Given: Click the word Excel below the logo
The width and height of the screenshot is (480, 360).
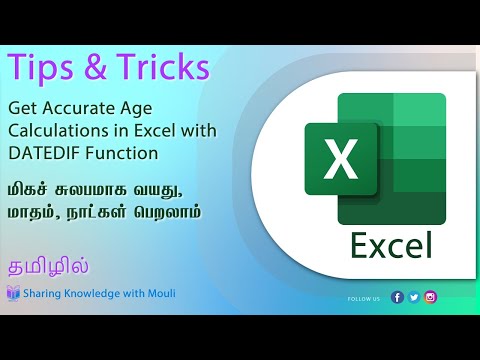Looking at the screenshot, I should [x=392, y=243].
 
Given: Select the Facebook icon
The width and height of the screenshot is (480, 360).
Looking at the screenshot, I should [x=398, y=297].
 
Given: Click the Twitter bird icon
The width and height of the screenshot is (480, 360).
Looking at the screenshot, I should [x=414, y=297].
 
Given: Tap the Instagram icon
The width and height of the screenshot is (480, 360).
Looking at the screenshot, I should [x=430, y=297].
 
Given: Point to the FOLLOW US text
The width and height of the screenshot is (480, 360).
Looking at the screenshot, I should [x=364, y=298].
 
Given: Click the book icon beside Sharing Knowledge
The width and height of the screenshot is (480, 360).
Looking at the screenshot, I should [x=13, y=293].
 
